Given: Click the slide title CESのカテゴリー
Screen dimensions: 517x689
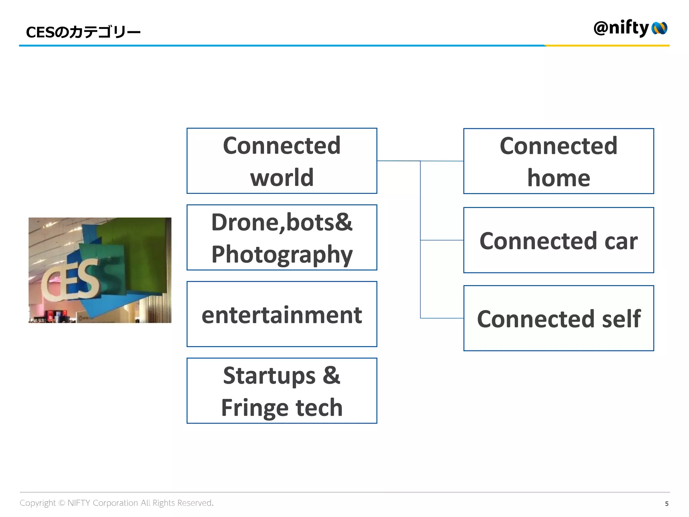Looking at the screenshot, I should [x=83, y=32].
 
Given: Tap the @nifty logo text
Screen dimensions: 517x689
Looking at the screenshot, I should [x=621, y=28].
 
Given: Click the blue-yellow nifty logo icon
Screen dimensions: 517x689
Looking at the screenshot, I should [x=659, y=28].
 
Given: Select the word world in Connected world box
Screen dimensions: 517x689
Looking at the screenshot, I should [x=282, y=177].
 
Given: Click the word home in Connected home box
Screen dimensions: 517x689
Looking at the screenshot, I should [x=558, y=178].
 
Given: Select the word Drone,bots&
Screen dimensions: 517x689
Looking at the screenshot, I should [x=282, y=222].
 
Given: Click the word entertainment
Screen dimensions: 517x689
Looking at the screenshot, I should [x=282, y=315].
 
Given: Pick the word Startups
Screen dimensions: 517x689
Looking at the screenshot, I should [x=269, y=376].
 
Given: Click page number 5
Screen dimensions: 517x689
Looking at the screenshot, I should [x=666, y=504].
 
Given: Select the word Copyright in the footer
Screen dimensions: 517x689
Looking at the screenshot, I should [x=37, y=503].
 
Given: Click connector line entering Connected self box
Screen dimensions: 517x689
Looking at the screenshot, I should [x=442, y=318].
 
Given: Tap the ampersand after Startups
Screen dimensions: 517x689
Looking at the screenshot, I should [x=331, y=375].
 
